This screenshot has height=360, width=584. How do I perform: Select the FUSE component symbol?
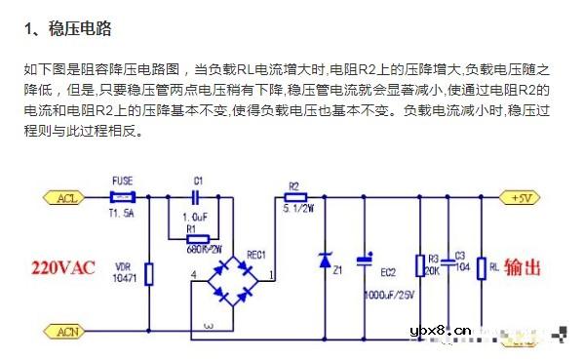(x=123, y=197)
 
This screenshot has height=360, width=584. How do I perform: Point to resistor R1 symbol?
(x=198, y=238)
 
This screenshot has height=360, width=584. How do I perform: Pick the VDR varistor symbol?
(x=148, y=273)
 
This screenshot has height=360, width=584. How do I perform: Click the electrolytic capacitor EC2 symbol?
(x=365, y=260)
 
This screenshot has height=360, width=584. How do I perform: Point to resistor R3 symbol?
(x=419, y=265)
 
